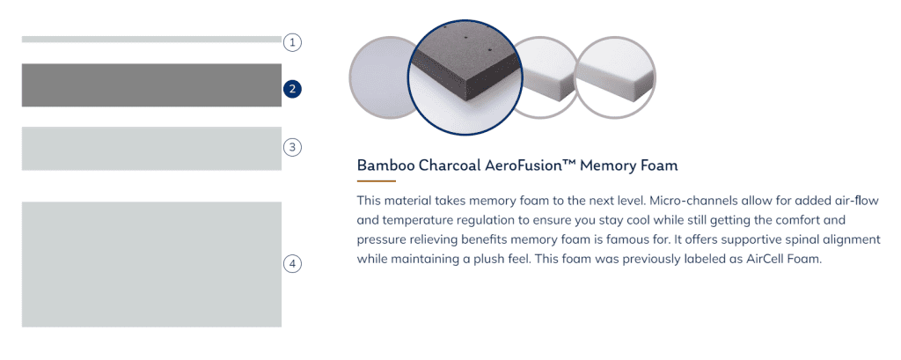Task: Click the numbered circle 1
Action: (292, 42)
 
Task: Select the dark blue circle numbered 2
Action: (292, 89)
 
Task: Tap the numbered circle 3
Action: (292, 147)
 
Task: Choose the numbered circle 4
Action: (292, 264)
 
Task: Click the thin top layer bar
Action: (151, 39)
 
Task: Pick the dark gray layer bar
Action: (151, 85)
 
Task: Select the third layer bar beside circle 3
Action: (151, 149)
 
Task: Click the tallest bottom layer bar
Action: (151, 265)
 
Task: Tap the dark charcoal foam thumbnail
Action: (465, 77)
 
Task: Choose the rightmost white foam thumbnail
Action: (615, 77)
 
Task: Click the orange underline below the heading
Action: (377, 181)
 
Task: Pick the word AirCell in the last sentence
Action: (765, 259)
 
